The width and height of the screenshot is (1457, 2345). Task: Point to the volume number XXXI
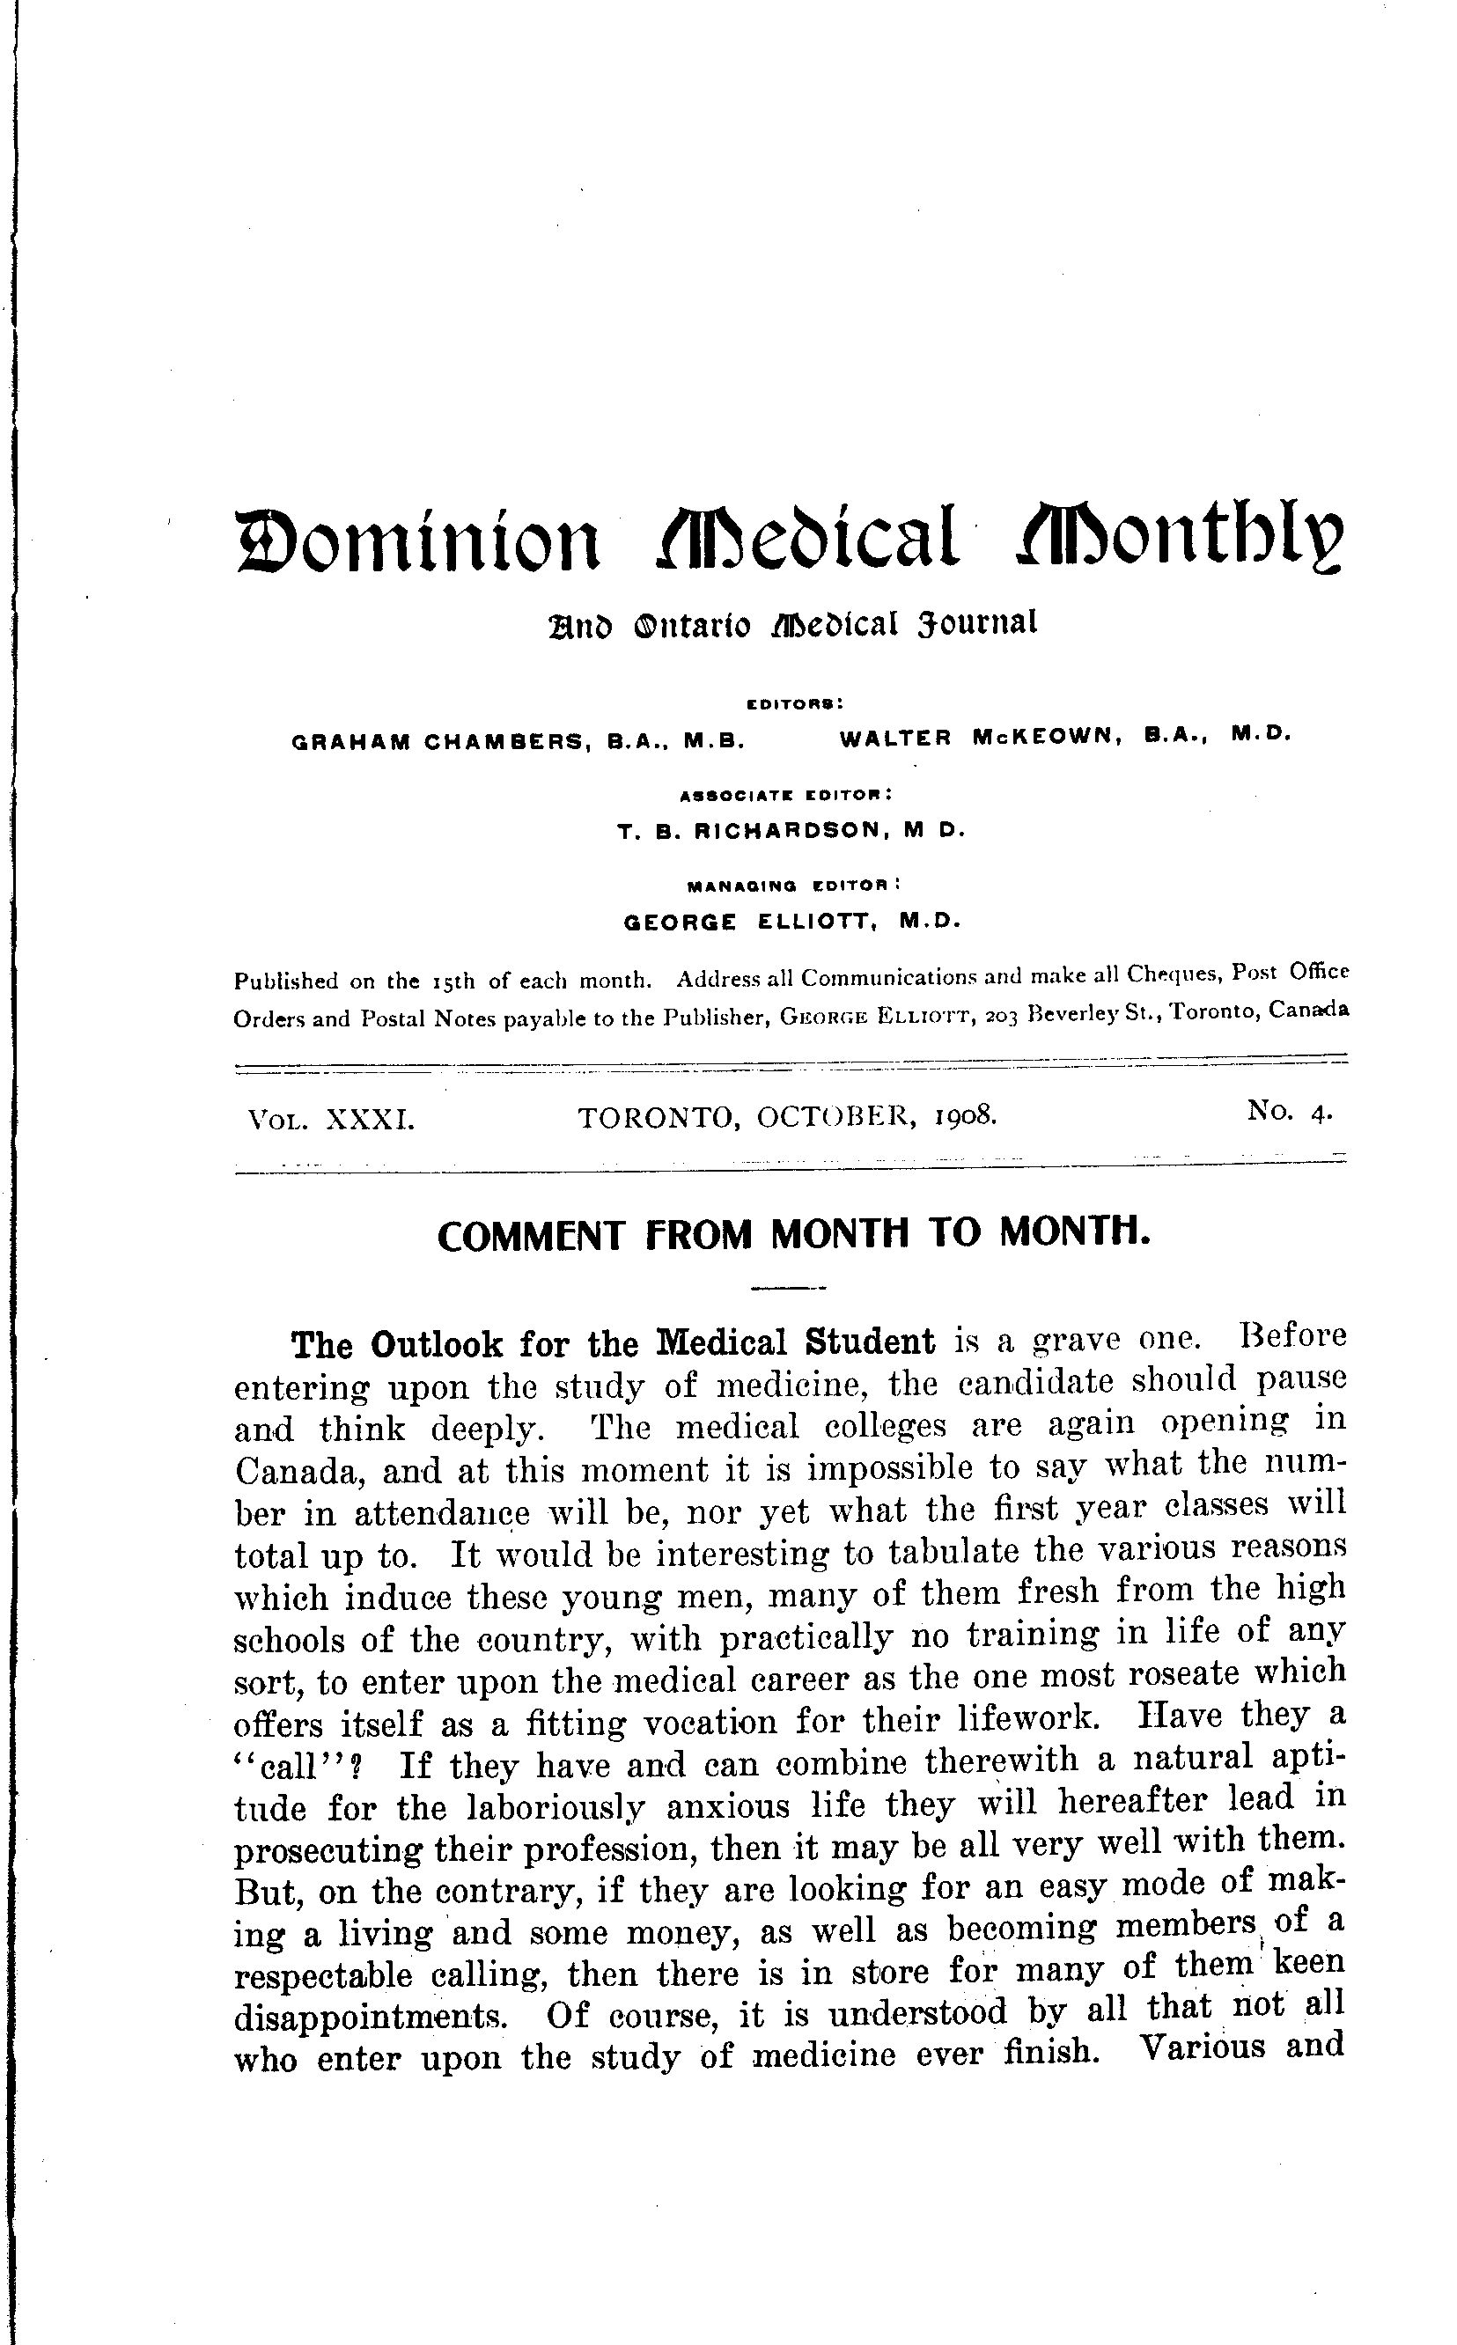pyautogui.click(x=370, y=1120)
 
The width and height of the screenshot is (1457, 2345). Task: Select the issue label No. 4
pyautogui.click(x=1288, y=1112)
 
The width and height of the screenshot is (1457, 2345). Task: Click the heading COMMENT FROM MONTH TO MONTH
pyautogui.click(x=793, y=1235)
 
